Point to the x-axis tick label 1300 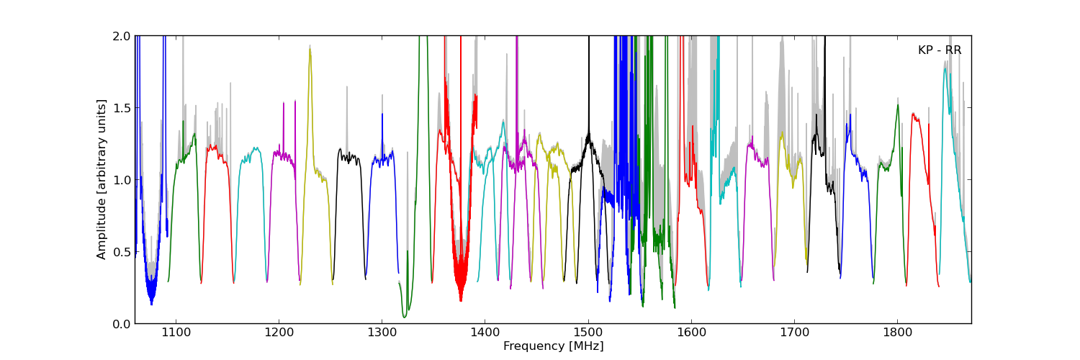(382, 333)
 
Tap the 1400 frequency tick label (485, 333)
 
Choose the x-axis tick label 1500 (588, 333)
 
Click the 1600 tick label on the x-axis (691, 333)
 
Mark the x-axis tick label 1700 (794, 333)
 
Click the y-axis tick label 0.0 (121, 324)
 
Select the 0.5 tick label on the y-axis (121, 252)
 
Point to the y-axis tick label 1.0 (121, 180)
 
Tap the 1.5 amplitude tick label (121, 108)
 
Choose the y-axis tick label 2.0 (121, 36)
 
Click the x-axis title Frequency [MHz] (553, 346)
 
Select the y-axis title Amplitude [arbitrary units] (102, 179)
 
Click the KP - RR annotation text (940, 50)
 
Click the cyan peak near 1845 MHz (945, 69)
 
